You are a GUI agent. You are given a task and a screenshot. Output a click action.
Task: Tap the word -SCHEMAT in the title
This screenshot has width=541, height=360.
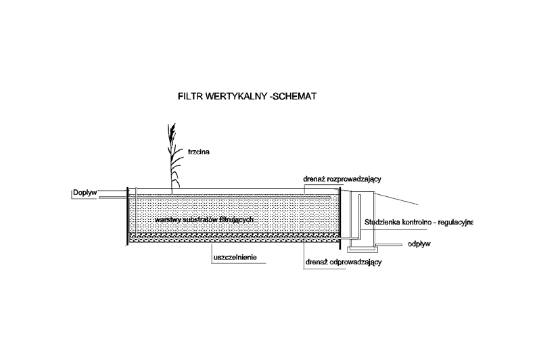[292, 96]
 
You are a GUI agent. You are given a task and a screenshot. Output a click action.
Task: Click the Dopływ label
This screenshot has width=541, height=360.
[85, 192]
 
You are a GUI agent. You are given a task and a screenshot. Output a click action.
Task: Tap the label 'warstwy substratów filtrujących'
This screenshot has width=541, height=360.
[204, 221]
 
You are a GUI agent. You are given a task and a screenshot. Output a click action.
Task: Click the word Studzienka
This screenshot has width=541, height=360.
[384, 221]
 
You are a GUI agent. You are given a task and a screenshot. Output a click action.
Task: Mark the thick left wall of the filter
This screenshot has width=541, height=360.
[128, 217]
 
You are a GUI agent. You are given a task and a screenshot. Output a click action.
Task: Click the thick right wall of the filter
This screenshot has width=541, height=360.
[340, 217]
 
